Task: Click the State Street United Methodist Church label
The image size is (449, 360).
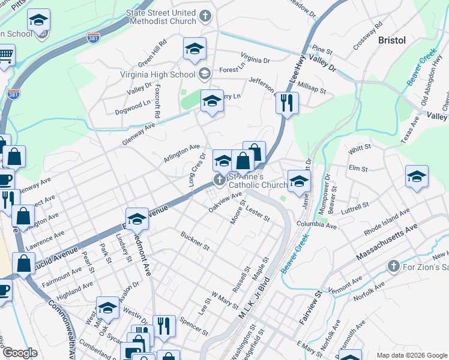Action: pyautogui.click(x=160, y=17)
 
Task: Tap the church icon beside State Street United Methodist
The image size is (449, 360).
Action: pyautogui.click(x=206, y=16)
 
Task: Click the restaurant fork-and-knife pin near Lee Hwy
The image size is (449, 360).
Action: pyautogui.click(x=287, y=103)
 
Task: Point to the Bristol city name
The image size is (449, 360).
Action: pyautogui.click(x=392, y=40)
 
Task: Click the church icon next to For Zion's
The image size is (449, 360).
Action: pyautogui.click(x=393, y=265)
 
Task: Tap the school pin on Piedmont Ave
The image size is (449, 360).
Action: pyautogui.click(x=137, y=220)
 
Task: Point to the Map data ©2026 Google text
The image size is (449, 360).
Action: pyautogui.click(x=411, y=355)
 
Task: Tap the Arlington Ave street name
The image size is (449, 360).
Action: pyautogui.click(x=182, y=152)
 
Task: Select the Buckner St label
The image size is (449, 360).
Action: pyautogui.click(x=194, y=240)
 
